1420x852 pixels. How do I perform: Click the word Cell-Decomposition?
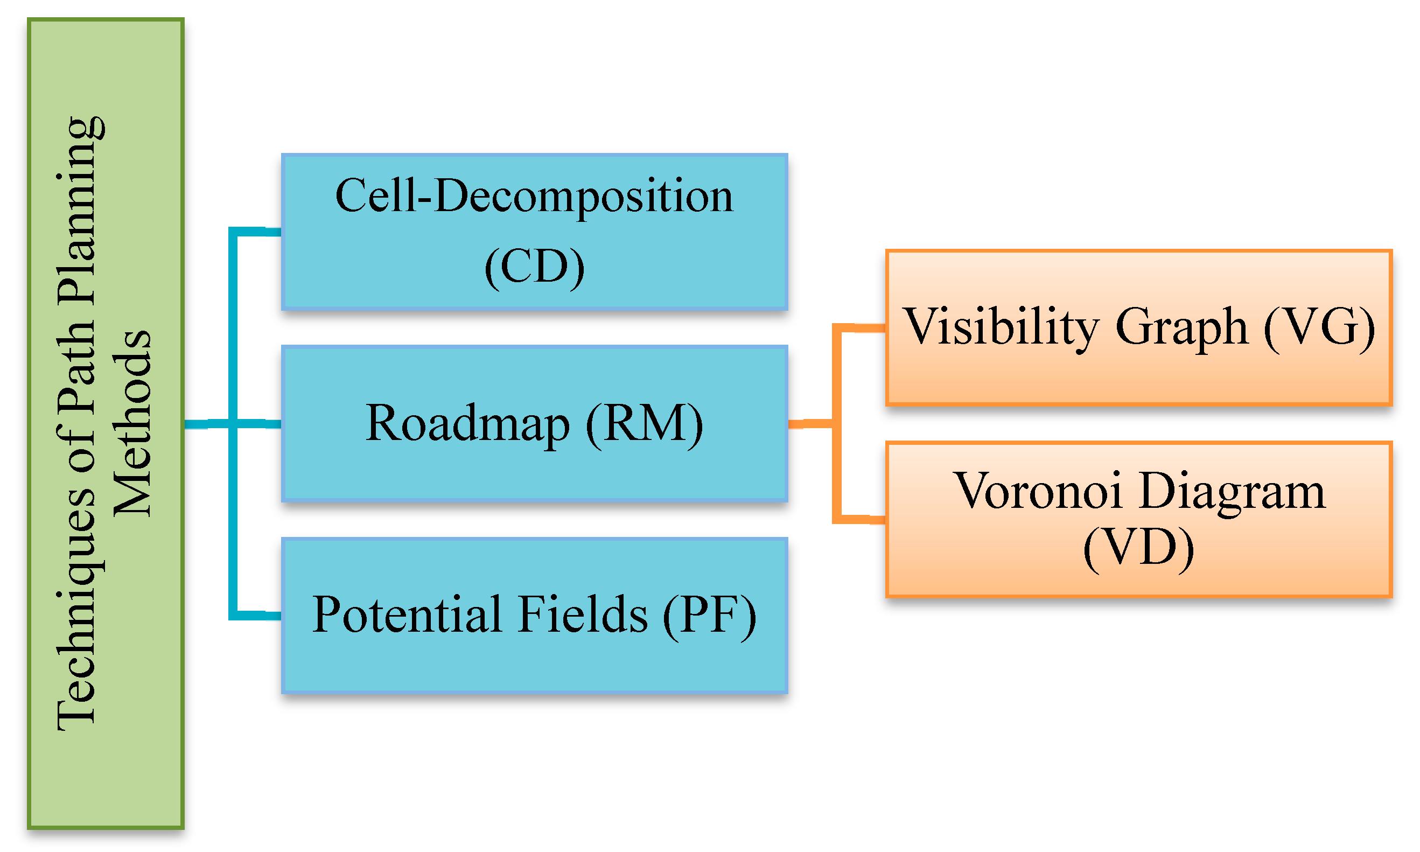coord(534,197)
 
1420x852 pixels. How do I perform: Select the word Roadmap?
coord(467,424)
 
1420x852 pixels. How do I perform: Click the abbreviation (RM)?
coord(644,424)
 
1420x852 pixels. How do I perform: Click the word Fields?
coord(582,616)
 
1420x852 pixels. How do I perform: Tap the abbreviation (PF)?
coord(709,616)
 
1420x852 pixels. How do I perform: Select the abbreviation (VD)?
coord(1139,548)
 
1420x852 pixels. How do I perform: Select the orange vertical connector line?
coord(837,471)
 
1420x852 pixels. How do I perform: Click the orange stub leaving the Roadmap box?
coord(809,424)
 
